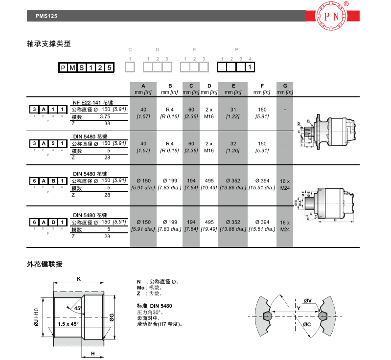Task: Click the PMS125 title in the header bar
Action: coord(46,16)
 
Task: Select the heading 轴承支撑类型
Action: coord(49,44)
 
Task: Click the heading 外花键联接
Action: coord(45,264)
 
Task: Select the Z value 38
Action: coord(107,124)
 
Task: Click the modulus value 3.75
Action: coord(105,116)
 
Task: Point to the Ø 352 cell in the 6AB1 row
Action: coord(233,181)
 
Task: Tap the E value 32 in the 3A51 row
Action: coord(233,144)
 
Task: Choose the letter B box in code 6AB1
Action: coord(52,181)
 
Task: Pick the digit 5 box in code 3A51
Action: coord(52,144)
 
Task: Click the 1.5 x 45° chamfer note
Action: coord(68,324)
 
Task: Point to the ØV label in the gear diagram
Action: coord(308,300)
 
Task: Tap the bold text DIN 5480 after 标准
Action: coord(161,306)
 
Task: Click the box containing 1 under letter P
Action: coord(250,67)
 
